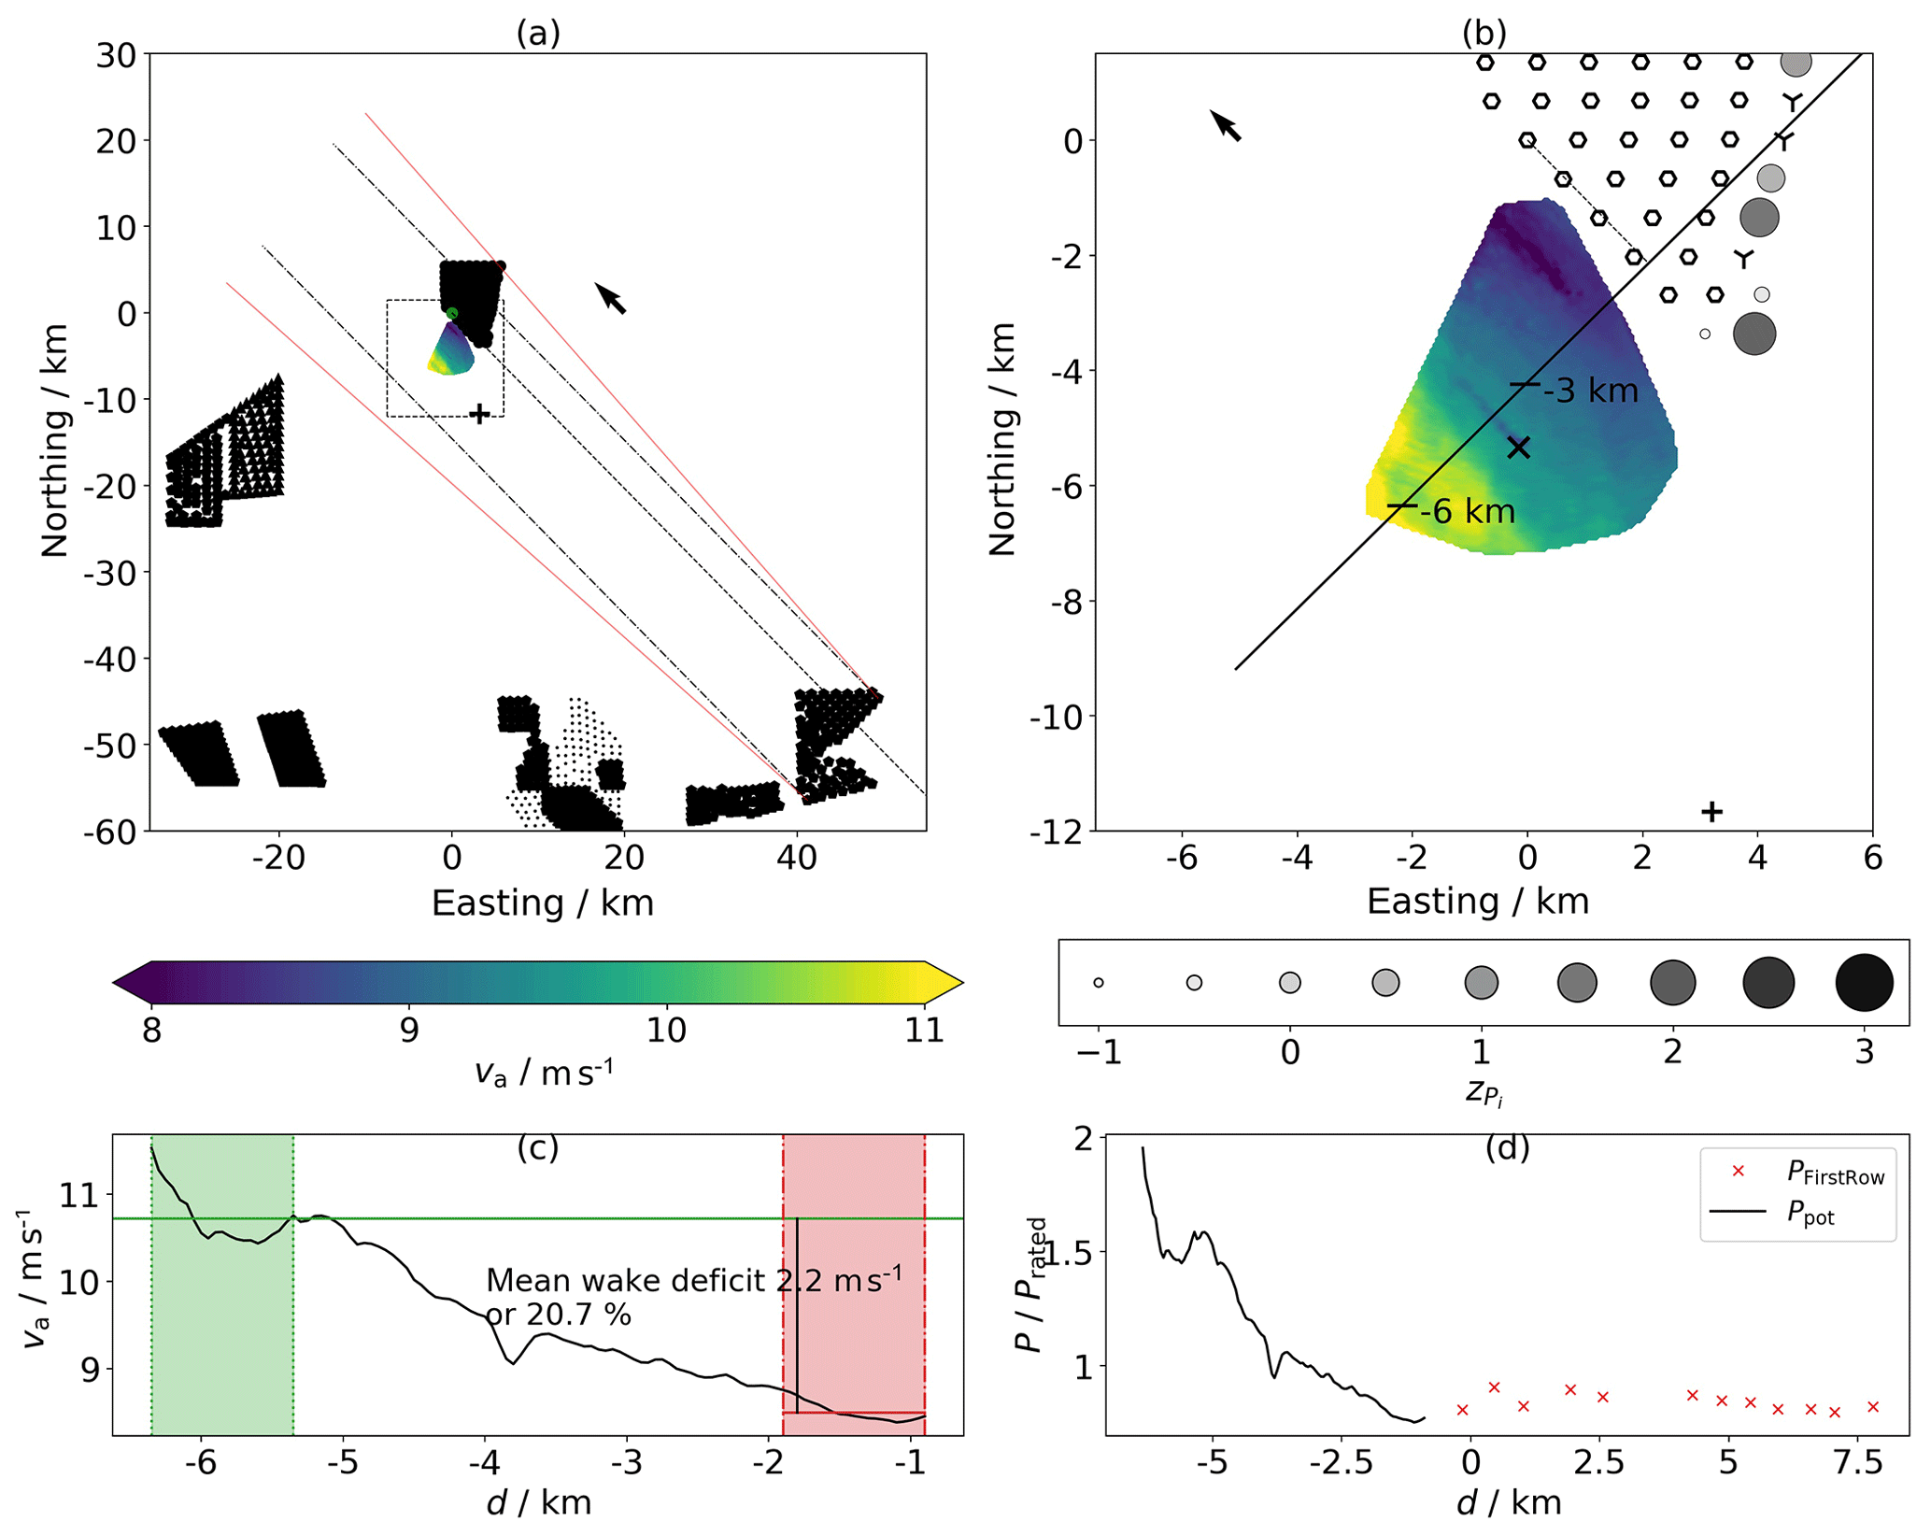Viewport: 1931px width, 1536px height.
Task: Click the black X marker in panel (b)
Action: point(1519,448)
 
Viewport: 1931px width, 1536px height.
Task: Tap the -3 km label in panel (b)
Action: point(1591,391)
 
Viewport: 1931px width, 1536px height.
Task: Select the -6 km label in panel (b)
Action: point(1468,512)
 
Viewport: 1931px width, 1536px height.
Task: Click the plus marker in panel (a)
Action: point(479,413)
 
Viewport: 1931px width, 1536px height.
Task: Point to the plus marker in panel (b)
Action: point(1711,812)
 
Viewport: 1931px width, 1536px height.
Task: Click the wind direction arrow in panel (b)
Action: point(1226,125)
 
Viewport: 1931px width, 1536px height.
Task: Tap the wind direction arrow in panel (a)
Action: point(611,298)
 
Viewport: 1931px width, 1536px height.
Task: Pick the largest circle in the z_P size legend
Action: point(1864,983)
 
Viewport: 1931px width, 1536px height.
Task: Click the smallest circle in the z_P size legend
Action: point(1099,983)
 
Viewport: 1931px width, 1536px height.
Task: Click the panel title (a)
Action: point(538,33)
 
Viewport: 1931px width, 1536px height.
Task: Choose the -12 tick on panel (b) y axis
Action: point(1058,832)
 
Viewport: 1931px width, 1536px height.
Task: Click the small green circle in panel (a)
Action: point(452,313)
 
